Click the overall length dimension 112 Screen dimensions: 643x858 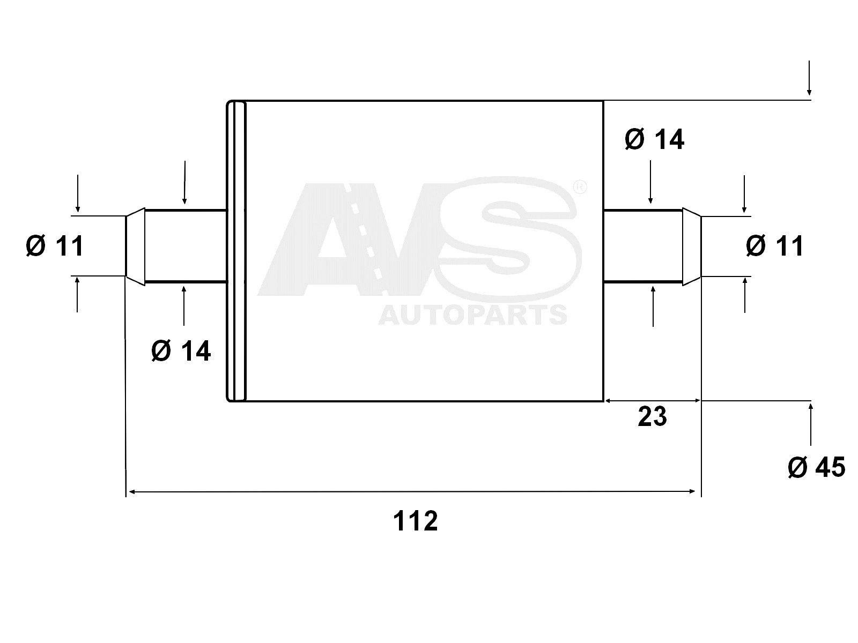tap(416, 521)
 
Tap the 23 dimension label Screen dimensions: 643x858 tap(652, 416)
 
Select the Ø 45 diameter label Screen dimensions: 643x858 tap(816, 467)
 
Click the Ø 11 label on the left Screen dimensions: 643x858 tap(55, 246)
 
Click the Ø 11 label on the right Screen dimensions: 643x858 tap(775, 246)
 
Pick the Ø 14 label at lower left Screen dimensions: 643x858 tap(181, 351)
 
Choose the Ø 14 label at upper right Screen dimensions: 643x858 tap(654, 140)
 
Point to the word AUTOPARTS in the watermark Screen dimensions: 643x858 tap(472, 315)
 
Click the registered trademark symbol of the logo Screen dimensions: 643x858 tap(580, 187)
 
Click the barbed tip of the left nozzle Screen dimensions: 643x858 tap(135, 246)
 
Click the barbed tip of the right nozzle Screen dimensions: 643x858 tap(692, 246)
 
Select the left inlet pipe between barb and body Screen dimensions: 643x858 tap(185, 246)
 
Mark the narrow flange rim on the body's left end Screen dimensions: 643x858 tap(236, 250)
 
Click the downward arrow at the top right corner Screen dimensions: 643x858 tap(809, 80)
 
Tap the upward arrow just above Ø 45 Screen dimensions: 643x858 tap(811, 423)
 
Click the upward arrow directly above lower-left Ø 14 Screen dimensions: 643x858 tap(184, 305)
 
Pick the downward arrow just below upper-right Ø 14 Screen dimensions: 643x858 tap(650, 182)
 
